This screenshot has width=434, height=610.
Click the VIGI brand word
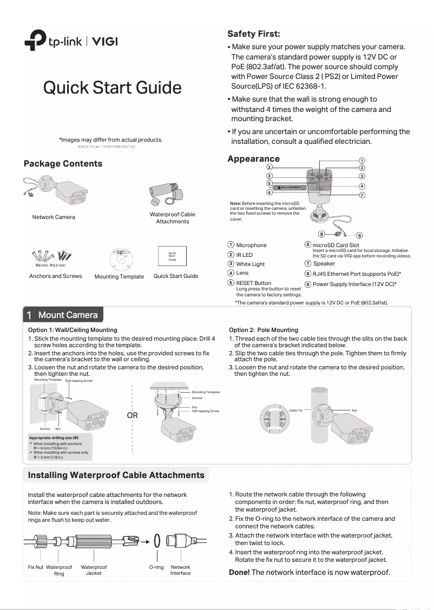105,42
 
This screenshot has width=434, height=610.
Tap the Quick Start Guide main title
113,87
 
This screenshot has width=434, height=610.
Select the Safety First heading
254,34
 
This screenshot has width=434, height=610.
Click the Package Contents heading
63,164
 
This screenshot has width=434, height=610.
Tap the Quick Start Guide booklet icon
173,256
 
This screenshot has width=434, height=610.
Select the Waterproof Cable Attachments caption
173,218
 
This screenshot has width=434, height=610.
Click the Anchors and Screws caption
55,276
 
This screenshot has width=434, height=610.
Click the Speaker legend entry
324,264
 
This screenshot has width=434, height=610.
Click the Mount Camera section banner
63,315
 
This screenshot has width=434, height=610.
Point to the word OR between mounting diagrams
132,416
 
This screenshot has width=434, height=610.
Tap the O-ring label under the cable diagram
156,567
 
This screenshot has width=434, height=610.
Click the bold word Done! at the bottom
239,572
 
